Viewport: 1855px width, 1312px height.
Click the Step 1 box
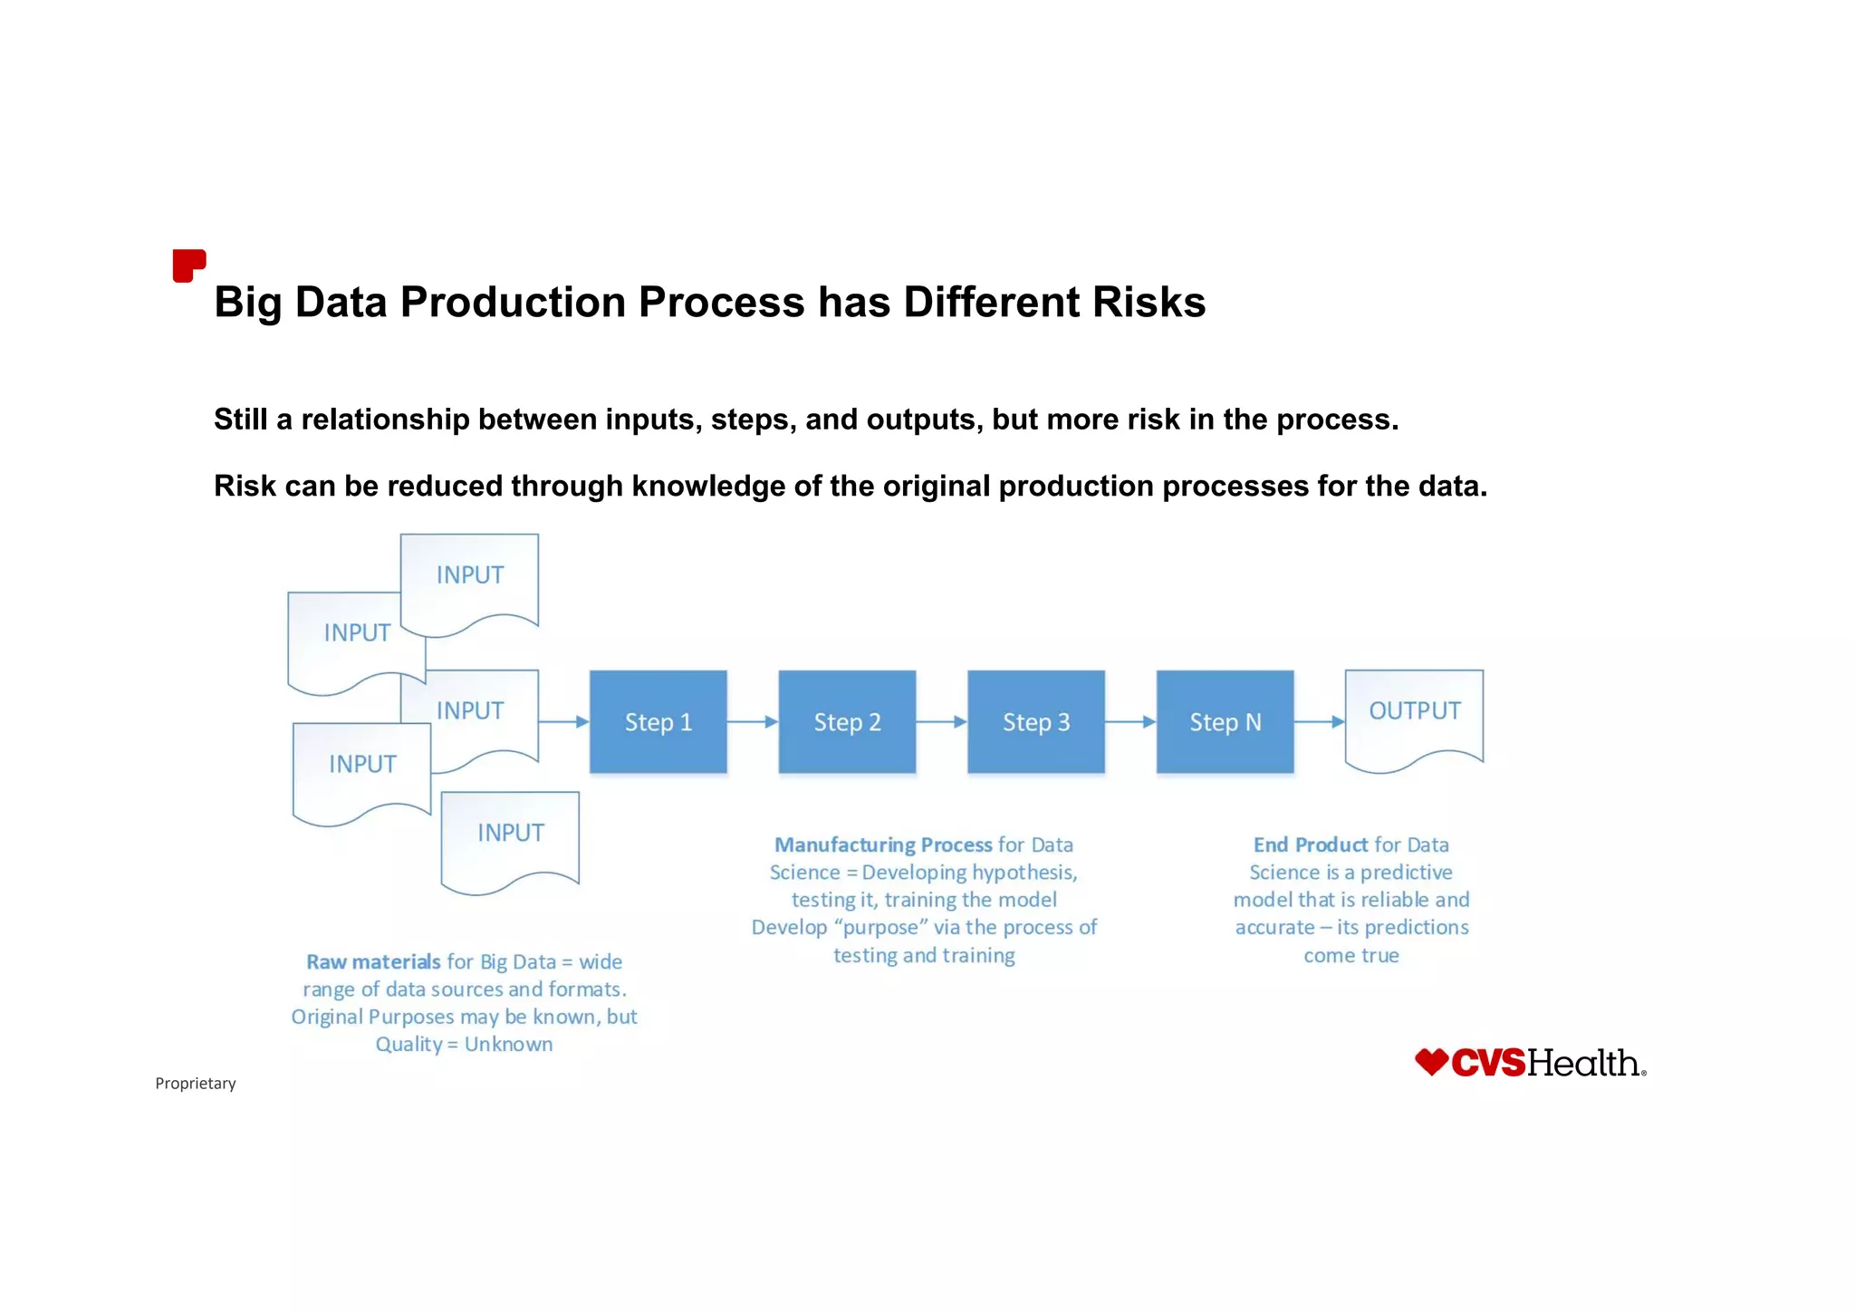[658, 722]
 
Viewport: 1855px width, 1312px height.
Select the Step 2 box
[847, 722]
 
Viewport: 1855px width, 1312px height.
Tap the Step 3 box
[1035, 722]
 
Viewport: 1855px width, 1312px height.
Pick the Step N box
[1225, 722]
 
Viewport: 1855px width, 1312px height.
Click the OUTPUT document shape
[1414, 716]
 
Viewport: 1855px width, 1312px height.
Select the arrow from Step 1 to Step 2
[752, 722]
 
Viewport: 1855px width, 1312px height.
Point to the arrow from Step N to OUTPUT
[1319, 722]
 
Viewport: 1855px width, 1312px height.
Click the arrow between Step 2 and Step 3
[941, 722]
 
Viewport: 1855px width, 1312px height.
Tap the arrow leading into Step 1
[563, 722]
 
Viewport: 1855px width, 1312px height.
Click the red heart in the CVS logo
[1431, 1062]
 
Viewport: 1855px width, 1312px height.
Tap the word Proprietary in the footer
[196, 1084]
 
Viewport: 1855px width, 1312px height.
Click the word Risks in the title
[1149, 302]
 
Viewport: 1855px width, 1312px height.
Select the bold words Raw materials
[373, 962]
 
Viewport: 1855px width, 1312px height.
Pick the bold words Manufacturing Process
[883, 845]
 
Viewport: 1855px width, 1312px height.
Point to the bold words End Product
[1310, 845]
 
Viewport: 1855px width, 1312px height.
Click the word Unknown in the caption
[508, 1045]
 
